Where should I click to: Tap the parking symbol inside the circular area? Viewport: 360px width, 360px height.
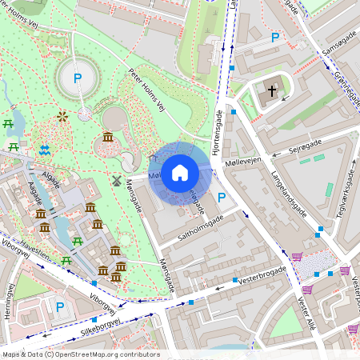78,78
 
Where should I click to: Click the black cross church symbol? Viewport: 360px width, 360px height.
272,91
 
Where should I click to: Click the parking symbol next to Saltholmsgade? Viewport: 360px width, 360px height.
222,198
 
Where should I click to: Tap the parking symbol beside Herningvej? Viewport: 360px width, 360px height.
59,306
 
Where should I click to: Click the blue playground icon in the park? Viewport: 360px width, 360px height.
46,150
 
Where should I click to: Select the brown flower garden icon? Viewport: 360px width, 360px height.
62,117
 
